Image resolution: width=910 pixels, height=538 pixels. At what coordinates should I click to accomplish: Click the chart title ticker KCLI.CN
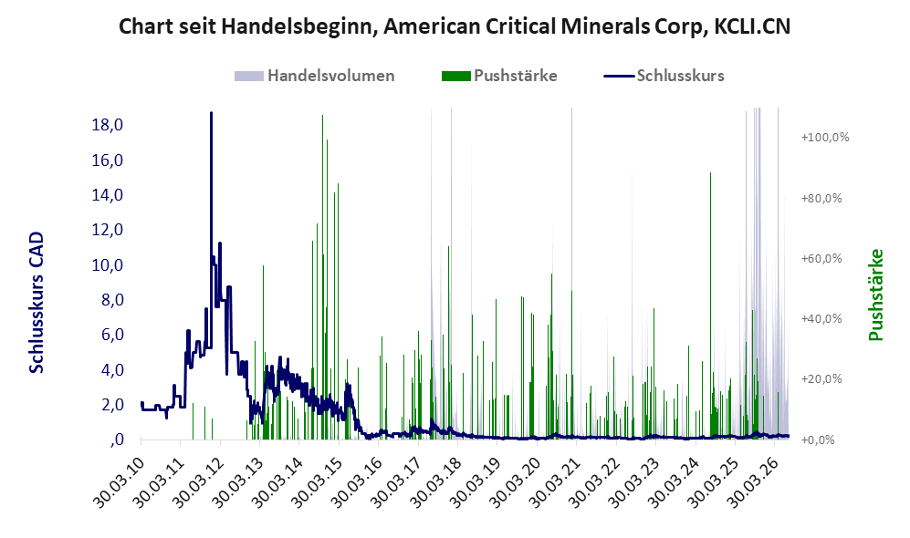tap(752, 26)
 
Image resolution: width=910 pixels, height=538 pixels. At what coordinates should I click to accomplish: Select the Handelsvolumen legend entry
tap(315, 76)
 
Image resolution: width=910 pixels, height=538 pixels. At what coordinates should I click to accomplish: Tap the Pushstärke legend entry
tap(499, 76)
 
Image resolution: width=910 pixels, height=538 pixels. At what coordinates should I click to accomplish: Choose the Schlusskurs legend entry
tap(664, 76)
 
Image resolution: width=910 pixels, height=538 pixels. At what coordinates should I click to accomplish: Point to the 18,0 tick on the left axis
tap(108, 125)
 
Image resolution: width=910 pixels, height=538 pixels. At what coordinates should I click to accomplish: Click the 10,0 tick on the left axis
tap(108, 265)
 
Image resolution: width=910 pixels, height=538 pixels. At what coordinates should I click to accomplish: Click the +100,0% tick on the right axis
tap(825, 138)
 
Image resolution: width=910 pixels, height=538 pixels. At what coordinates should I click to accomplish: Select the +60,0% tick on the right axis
tap(821, 259)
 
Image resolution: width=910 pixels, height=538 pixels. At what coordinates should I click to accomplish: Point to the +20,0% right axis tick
tap(821, 379)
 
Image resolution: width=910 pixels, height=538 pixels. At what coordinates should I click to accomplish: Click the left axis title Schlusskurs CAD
tap(37, 302)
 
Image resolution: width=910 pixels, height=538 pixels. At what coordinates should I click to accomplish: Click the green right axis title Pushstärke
tap(875, 295)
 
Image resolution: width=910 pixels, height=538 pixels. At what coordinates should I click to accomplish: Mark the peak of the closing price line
tap(211, 112)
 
